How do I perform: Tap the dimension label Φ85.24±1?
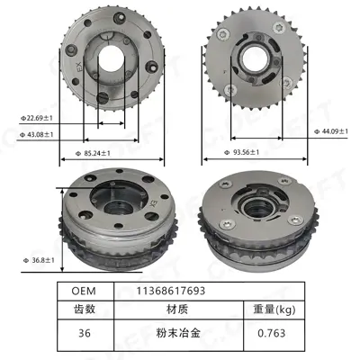[108, 153]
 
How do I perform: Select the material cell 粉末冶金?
[176, 334]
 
